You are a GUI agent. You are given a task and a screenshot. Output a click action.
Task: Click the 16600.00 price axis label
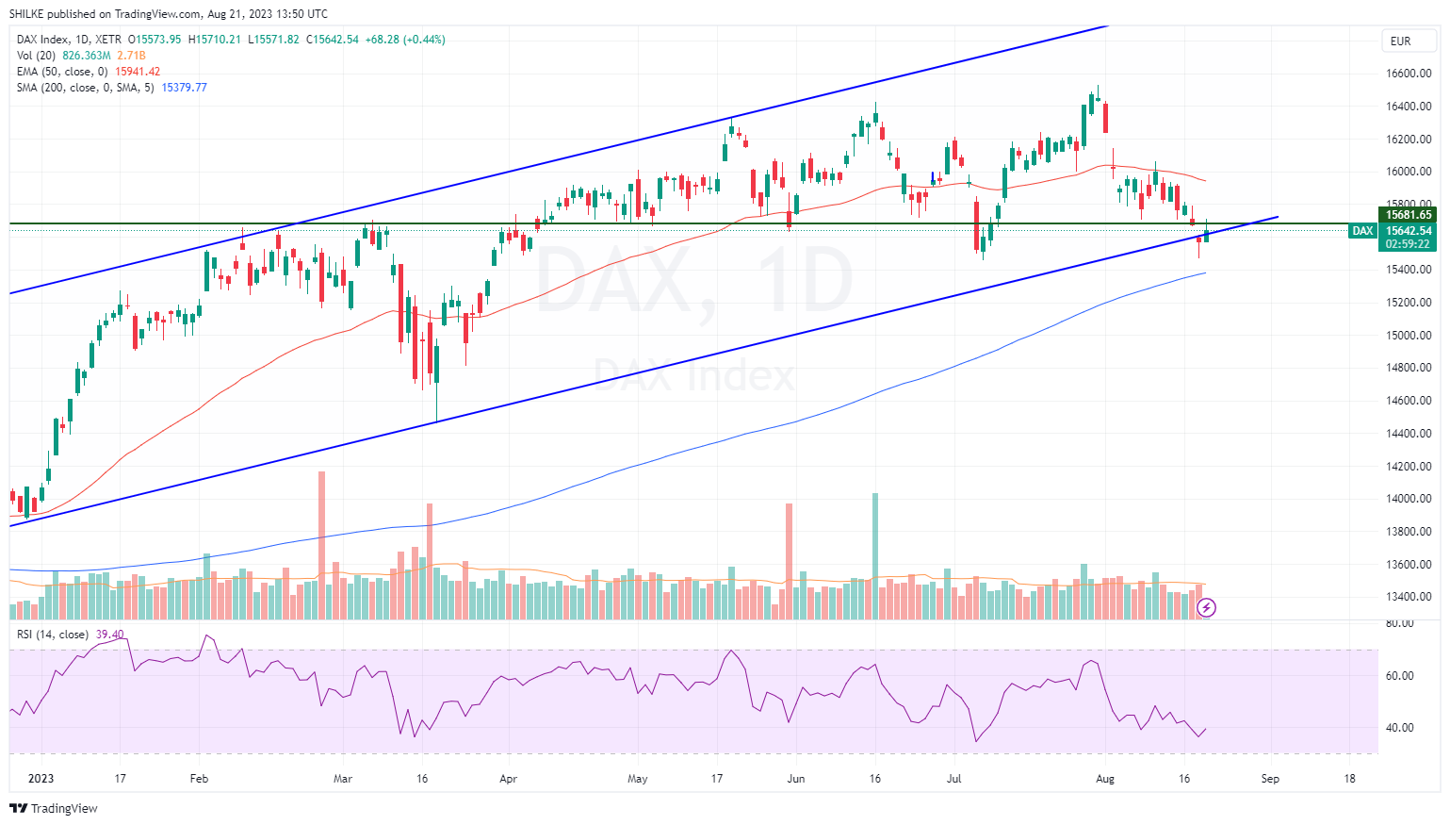tap(1409, 74)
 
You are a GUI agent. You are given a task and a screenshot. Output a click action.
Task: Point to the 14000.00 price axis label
tap(1409, 499)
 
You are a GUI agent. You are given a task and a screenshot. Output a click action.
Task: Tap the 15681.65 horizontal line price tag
tap(1409, 215)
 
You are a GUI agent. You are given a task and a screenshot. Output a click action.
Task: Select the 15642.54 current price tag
tap(1409, 231)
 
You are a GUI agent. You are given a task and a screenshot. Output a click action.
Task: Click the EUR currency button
tap(1400, 41)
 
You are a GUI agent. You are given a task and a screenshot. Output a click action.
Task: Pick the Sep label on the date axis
tap(1270, 779)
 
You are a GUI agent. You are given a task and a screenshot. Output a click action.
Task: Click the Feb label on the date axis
tap(199, 779)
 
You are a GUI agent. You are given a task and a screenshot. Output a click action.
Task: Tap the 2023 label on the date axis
tap(41, 779)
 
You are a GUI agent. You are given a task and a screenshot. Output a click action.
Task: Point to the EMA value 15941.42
tap(138, 72)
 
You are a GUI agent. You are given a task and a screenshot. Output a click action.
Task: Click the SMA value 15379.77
tap(184, 88)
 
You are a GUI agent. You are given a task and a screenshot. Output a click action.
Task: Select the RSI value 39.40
tap(109, 635)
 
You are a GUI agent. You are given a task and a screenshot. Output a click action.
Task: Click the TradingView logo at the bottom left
tap(54, 808)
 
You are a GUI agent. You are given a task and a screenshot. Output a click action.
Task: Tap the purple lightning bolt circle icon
tap(1206, 608)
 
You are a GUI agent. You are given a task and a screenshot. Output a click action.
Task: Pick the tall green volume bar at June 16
tap(875, 555)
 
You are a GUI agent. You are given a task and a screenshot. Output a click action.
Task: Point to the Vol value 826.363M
tap(87, 56)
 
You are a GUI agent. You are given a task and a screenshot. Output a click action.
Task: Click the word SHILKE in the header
tap(26, 14)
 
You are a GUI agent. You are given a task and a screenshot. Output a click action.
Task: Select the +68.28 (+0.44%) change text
tap(405, 40)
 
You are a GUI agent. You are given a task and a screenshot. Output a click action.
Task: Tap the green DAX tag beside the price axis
tap(1362, 231)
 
